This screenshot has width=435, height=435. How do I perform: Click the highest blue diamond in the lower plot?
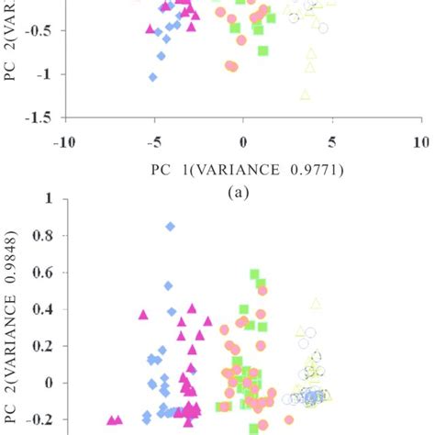pyautogui.click(x=170, y=226)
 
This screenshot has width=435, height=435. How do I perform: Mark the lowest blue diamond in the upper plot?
pyautogui.click(x=153, y=77)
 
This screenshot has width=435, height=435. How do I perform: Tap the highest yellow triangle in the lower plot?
pyautogui.click(x=316, y=303)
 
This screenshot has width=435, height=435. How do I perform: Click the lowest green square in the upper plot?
pyautogui.click(x=263, y=50)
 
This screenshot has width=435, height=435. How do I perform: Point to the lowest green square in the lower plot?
pyautogui.click(x=254, y=428)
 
